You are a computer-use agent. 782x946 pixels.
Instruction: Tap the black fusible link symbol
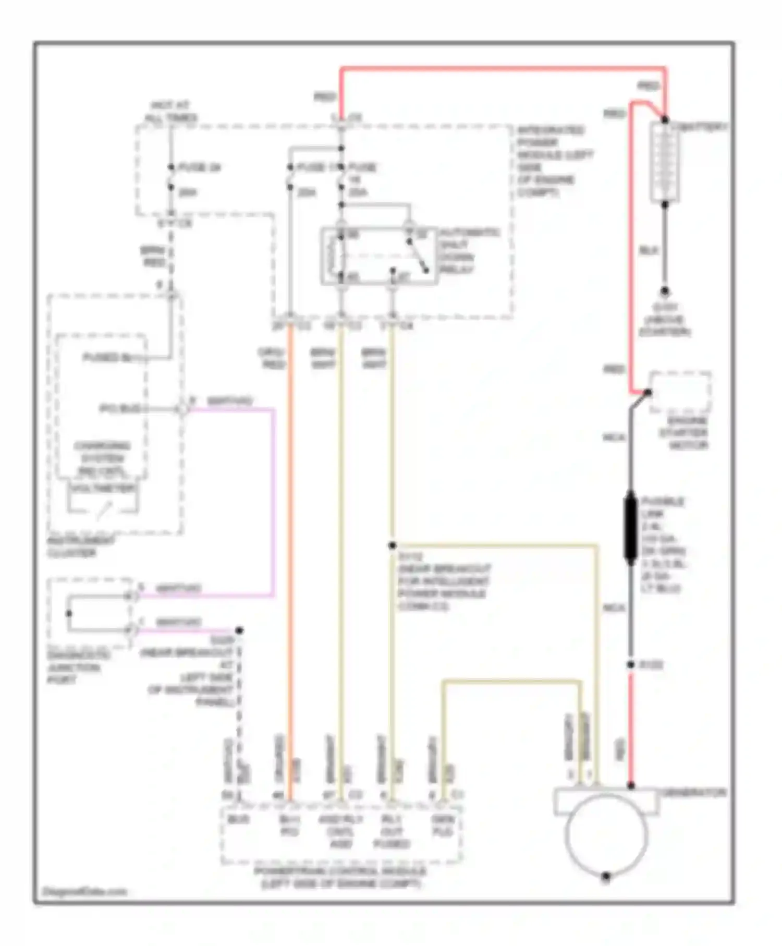tap(630, 528)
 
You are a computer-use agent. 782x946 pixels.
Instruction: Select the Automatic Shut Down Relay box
tap(379, 256)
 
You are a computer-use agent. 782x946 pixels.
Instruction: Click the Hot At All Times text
tap(170, 112)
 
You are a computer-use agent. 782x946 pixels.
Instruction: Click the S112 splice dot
tap(392, 545)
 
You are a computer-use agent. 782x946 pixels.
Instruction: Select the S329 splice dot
tap(239, 630)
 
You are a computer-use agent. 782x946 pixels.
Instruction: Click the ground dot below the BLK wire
tap(665, 292)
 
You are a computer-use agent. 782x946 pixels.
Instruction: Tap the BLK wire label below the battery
tap(649, 251)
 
